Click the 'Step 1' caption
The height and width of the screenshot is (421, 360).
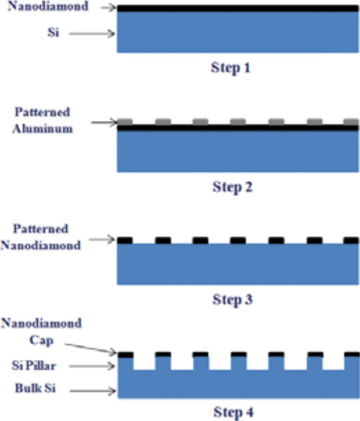[x=230, y=68]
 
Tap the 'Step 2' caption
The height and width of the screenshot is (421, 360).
[x=233, y=187]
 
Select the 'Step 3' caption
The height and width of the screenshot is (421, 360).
[x=233, y=299]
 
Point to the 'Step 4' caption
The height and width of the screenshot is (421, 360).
[x=233, y=412]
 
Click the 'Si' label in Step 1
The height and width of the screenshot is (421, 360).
[x=53, y=32]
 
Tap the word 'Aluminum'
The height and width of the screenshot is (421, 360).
[x=42, y=129]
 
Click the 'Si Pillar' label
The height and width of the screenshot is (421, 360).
[x=34, y=366]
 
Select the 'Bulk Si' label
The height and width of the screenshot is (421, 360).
[x=35, y=388]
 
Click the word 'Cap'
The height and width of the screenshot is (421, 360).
[x=41, y=340]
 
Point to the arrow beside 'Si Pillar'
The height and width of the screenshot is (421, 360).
[x=92, y=366]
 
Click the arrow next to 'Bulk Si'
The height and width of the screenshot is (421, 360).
[x=93, y=391]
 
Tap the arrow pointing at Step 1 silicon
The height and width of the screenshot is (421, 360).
[x=92, y=34]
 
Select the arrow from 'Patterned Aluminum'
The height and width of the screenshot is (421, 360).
[x=104, y=122]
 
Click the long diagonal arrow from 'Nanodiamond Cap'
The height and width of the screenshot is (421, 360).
[x=91, y=348]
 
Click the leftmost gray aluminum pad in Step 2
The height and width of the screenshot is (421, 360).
[x=125, y=122]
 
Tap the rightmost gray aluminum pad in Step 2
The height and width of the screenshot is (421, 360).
[x=351, y=122]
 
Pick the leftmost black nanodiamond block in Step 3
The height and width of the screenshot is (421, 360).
[x=125, y=240]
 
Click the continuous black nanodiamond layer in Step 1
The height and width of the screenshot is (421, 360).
[x=238, y=9]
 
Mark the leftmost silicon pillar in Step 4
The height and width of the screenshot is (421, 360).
[x=126, y=363]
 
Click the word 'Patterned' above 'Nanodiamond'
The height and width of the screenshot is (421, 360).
[x=41, y=229]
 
